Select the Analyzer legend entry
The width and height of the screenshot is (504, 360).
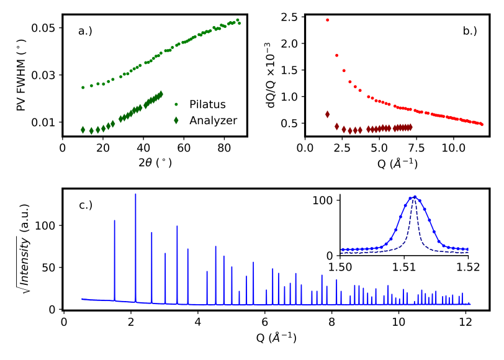click(214, 120)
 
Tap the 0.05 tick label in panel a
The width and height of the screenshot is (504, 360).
click(43, 28)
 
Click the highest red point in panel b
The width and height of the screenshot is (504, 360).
click(327, 20)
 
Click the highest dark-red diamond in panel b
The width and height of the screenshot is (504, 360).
click(327, 114)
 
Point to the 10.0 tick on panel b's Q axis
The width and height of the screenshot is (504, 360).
click(454, 148)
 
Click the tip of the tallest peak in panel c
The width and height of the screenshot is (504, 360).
click(135, 195)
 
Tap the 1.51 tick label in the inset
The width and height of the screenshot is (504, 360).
click(404, 267)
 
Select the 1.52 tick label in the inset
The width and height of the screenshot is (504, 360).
click(468, 267)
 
